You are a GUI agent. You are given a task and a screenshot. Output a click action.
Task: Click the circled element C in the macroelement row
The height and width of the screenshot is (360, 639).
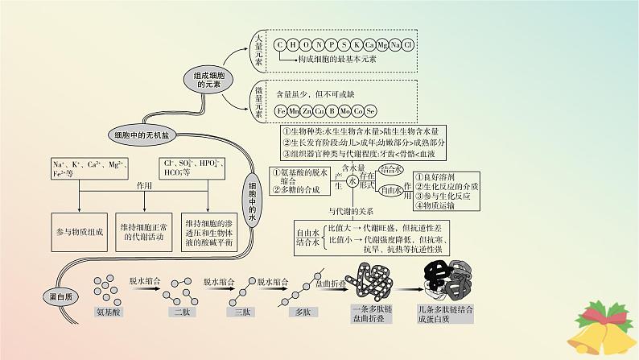(x=280, y=44)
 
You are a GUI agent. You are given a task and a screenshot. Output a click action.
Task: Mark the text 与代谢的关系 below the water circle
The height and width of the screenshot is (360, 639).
(x=352, y=211)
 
